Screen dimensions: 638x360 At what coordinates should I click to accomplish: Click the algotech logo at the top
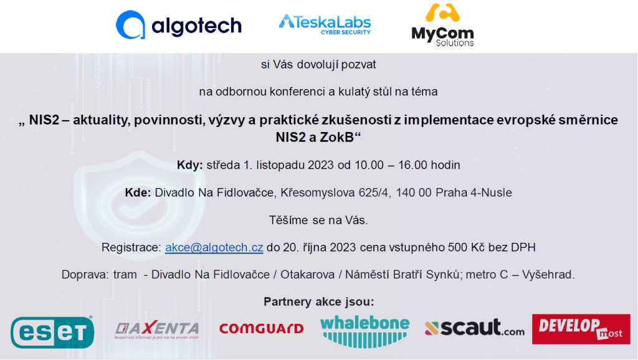179,25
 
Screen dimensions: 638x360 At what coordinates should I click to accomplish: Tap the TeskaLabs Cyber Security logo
325,24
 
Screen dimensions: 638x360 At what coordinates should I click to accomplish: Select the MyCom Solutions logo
443,25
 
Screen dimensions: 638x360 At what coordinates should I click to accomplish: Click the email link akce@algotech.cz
214,247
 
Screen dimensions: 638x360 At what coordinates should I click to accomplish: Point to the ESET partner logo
52,332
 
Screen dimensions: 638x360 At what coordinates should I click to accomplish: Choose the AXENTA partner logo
157,330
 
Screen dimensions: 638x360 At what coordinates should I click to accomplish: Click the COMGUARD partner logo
262,328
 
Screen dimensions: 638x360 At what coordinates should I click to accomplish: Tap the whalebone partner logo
364,331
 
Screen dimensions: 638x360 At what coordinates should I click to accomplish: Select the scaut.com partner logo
474,328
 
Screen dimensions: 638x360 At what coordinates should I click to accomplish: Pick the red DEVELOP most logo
581,329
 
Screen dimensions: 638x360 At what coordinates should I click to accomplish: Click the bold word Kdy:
189,165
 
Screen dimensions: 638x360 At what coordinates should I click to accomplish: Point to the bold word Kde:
138,192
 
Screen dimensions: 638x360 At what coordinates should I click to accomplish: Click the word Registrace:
131,247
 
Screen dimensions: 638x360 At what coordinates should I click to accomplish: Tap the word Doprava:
85,275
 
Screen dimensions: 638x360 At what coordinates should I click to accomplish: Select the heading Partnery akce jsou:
318,302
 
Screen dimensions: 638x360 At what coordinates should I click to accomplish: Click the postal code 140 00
414,192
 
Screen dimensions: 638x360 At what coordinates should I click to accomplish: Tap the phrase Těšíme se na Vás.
318,220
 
